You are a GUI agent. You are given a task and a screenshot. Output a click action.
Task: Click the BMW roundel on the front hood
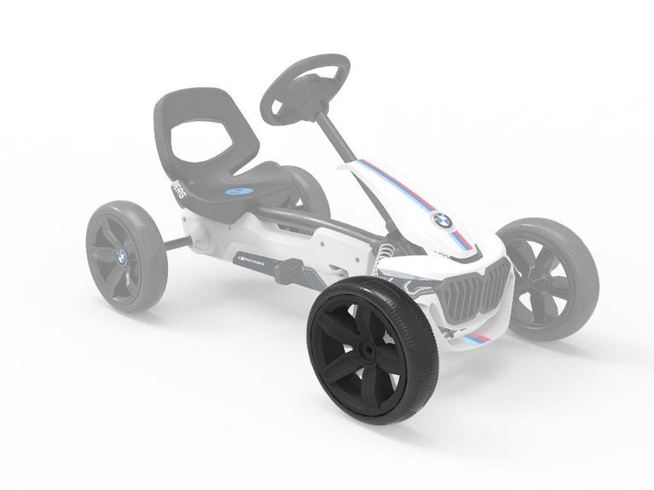(x=442, y=220)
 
